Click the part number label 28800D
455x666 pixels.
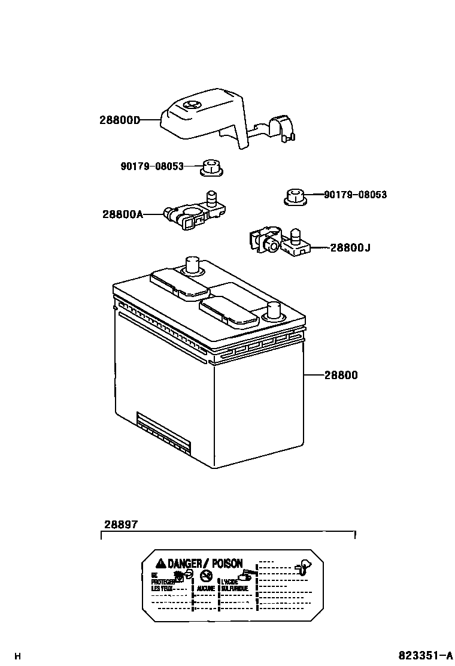coord(119,120)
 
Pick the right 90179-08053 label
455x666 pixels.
coord(355,195)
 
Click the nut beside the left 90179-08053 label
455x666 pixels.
coord(210,168)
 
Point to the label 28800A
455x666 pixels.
coord(123,213)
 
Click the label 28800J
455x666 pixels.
coord(350,247)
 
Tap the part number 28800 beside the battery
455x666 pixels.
coord(341,376)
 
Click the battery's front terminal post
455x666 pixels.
coord(274,310)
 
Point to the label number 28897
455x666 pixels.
coord(121,523)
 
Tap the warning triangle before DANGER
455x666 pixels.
coord(160,563)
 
